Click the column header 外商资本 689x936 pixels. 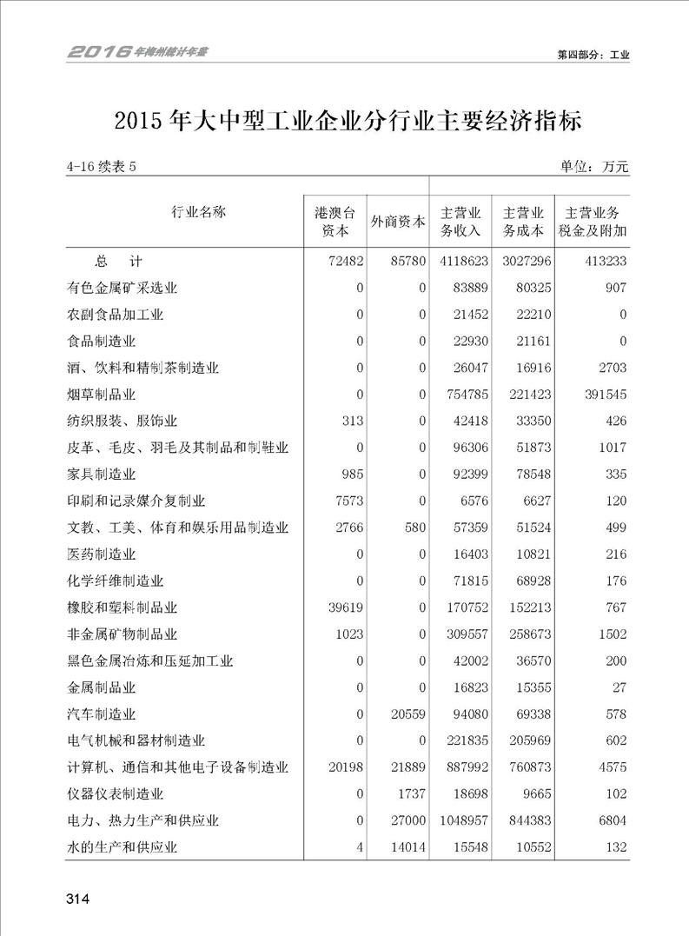(398, 222)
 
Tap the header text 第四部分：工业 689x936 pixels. (593, 55)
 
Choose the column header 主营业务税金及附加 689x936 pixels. (595, 222)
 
